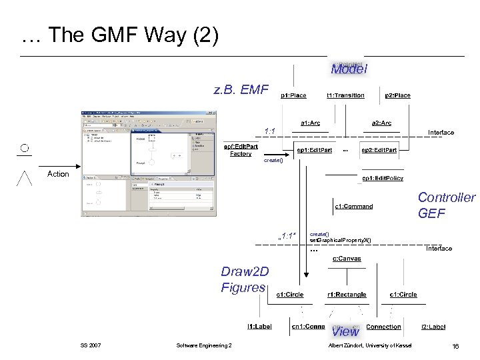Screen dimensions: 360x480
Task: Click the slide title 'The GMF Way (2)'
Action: [120, 35]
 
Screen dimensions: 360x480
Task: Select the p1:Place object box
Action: [293, 95]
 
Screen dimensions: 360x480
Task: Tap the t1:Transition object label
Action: [345, 95]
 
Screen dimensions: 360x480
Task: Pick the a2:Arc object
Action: [381, 123]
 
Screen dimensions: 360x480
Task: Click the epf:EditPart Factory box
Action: [241, 150]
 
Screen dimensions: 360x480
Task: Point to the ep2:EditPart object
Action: [379, 150]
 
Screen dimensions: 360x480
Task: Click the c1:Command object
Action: [353, 206]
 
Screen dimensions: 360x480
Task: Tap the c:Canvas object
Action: [347, 258]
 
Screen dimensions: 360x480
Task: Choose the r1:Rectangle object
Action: [346, 294]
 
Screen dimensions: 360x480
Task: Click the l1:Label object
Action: [259, 327]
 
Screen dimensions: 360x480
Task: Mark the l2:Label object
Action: [433, 327]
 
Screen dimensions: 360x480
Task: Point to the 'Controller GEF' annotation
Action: [446, 205]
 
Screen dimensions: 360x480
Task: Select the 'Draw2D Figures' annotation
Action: [243, 280]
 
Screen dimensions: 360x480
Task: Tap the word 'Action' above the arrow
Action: [58, 174]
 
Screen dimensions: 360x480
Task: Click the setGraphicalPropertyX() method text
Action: [340, 240]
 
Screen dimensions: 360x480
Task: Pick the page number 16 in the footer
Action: [455, 345]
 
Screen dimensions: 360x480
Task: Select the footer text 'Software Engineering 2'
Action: [204, 345]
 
